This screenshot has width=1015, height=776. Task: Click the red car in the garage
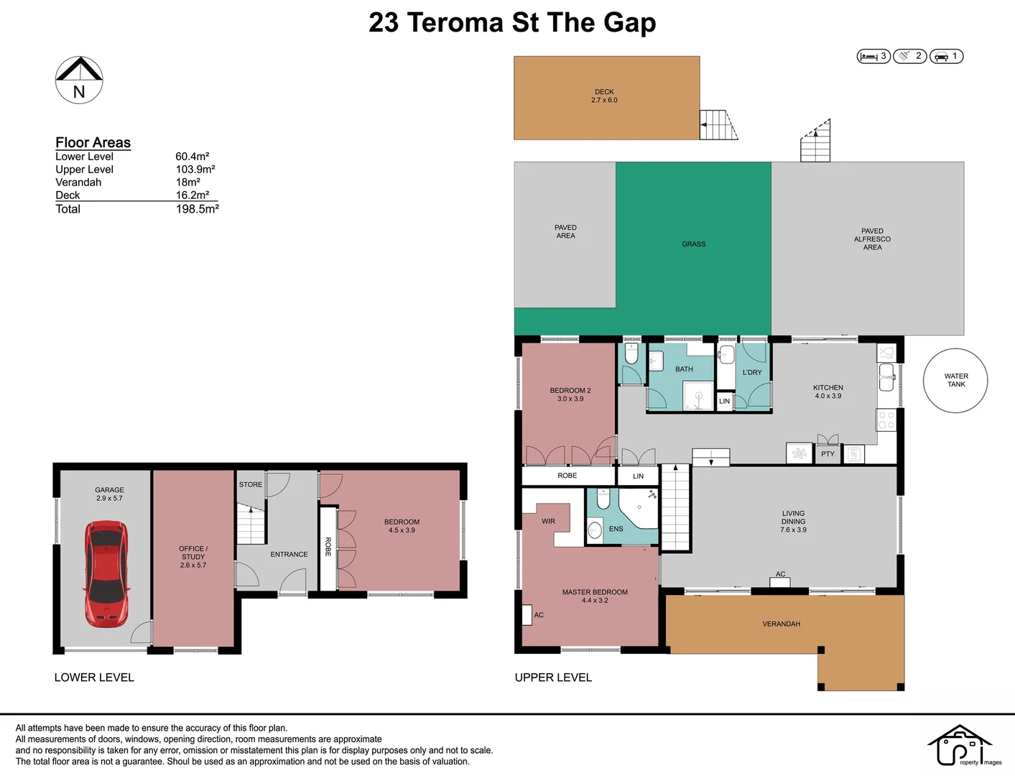point(106,573)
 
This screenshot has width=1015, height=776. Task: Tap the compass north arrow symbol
point(79,80)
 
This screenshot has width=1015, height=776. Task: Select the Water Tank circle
point(955,380)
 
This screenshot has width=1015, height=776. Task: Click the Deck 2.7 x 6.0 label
point(604,96)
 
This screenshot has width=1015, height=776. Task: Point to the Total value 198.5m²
point(198,209)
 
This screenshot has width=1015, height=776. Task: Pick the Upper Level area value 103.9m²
point(195,170)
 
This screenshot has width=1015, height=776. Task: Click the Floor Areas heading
point(93,142)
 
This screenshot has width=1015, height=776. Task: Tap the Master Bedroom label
point(595,596)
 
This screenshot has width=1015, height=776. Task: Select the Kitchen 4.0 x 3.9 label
point(828,392)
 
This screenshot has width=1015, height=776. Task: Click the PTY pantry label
point(828,454)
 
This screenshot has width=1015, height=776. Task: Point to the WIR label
point(548,521)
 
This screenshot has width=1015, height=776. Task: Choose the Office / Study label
point(193,557)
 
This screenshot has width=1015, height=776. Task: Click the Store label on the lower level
point(250,485)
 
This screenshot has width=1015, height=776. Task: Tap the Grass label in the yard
point(694,244)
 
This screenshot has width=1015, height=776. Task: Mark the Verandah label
point(781,624)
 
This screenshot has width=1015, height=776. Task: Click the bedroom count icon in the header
point(873,57)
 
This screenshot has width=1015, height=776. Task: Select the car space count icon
point(946,57)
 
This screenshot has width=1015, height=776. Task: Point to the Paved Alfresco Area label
point(872,239)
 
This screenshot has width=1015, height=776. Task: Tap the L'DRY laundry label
point(752,372)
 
